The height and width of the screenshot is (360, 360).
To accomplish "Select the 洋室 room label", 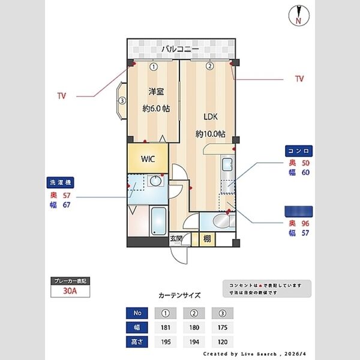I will tap(156, 92).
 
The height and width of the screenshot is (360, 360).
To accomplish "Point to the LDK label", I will tap(210, 116).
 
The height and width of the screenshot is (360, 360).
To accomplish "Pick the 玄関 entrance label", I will tap(177, 238).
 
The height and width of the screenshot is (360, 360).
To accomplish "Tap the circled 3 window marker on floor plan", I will tap(122, 101).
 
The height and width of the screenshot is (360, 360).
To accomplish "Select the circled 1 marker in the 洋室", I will tap(154, 67).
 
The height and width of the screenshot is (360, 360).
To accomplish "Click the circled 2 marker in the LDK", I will tap(210, 67).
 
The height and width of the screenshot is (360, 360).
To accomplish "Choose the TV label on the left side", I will tap(61, 95).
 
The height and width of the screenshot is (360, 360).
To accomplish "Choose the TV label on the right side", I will tap(299, 79).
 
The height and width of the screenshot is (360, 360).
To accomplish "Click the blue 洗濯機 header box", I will tap(61, 183).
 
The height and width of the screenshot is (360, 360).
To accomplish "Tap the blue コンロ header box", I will tap(298, 151).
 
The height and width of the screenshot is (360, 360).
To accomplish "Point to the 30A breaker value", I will tap(71, 292).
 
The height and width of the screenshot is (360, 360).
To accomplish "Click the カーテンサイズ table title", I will tap(179, 295).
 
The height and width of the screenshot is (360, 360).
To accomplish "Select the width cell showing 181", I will tap(165, 328).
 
